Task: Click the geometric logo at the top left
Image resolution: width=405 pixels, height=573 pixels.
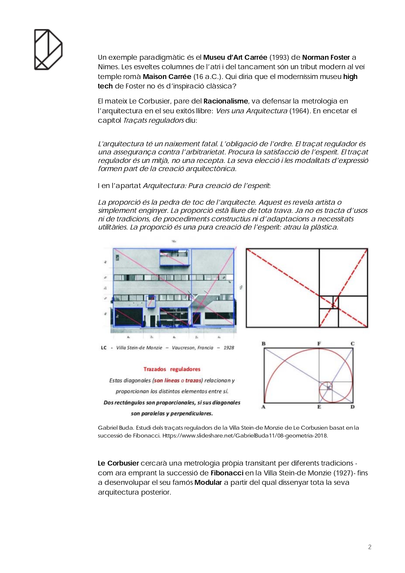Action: click(48, 50)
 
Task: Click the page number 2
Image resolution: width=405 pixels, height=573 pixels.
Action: click(370, 547)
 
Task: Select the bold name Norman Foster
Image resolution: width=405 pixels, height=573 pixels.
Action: click(326, 57)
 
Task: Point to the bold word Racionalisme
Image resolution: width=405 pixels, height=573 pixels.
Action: click(226, 101)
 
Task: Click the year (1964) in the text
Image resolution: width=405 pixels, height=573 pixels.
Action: click(299, 111)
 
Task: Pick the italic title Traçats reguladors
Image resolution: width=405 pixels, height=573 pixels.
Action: click(153, 120)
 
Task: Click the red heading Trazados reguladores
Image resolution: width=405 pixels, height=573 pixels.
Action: click(172, 369)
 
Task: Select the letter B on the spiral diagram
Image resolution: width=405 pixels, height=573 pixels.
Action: click(264, 344)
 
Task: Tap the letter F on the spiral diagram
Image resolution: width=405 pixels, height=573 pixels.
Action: click(319, 344)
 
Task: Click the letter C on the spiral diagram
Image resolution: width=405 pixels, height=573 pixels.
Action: click(352, 344)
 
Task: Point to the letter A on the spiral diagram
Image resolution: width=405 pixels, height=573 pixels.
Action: click(263, 407)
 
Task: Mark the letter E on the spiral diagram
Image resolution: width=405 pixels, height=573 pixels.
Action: click(319, 407)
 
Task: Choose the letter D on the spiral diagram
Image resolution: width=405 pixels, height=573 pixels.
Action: click(352, 407)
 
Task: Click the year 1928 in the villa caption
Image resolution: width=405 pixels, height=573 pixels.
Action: click(229, 348)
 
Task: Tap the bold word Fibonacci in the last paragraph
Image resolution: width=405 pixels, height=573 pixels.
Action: click(227, 473)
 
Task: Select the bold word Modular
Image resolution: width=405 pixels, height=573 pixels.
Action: click(208, 483)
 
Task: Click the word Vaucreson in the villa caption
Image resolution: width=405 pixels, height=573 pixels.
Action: click(183, 348)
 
